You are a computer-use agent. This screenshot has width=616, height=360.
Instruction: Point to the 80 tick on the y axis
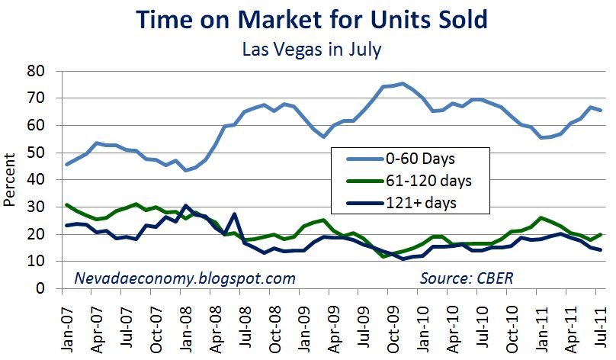pos(47,71)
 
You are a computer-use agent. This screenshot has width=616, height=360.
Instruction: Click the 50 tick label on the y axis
pos(47,153)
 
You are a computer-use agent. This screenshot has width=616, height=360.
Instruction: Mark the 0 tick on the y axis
pos(51,289)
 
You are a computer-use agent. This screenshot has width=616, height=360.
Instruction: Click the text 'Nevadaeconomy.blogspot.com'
pos(184,278)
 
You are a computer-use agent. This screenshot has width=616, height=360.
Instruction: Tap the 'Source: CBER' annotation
pos(467,278)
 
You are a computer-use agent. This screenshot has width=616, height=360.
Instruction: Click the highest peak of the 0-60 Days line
pos(403,83)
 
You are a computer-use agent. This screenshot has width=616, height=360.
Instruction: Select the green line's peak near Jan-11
pos(542,218)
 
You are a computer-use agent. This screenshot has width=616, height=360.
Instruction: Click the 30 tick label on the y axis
pos(47,207)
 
